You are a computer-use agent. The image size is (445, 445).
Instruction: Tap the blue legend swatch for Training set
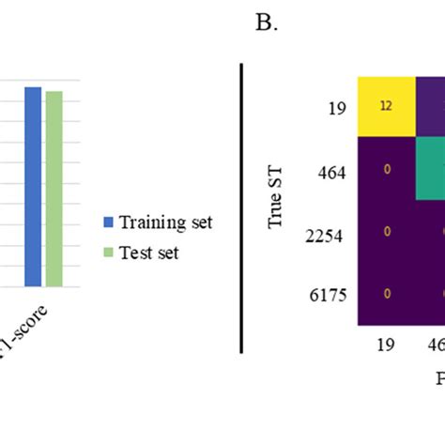[106, 222]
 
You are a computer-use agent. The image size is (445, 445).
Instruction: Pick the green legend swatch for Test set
[106, 253]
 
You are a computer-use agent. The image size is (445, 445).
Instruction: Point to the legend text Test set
[148, 253]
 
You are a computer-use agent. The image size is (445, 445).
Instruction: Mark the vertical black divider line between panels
[241, 207]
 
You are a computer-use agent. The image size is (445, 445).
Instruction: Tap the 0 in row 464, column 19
[386, 170]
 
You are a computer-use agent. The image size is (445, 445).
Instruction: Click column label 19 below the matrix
[386, 345]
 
